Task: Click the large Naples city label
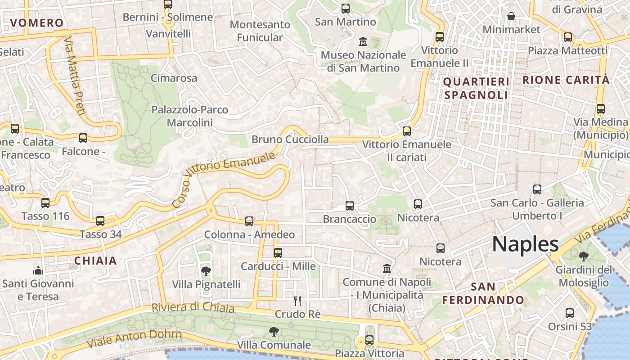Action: click(x=525, y=244)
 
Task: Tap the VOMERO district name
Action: click(x=37, y=23)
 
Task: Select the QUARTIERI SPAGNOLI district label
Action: click(x=476, y=89)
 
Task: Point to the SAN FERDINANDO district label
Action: click(x=483, y=293)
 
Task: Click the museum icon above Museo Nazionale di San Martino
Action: click(x=363, y=42)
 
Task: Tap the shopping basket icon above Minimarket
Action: click(x=511, y=17)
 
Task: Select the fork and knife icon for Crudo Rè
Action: click(x=297, y=301)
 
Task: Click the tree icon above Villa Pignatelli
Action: click(x=206, y=271)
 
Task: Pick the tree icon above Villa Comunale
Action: click(x=273, y=332)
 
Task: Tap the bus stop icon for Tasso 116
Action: click(x=45, y=203)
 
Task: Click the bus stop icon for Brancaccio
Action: click(x=350, y=206)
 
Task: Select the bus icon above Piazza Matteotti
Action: click(x=568, y=37)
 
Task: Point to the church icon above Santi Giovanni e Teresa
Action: click(x=38, y=270)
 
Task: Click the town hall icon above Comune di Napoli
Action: click(x=387, y=269)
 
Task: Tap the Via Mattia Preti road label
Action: click(x=74, y=76)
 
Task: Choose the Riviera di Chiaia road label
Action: click(x=193, y=307)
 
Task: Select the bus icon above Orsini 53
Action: click(x=570, y=313)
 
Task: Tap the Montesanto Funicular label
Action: click(x=260, y=31)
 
